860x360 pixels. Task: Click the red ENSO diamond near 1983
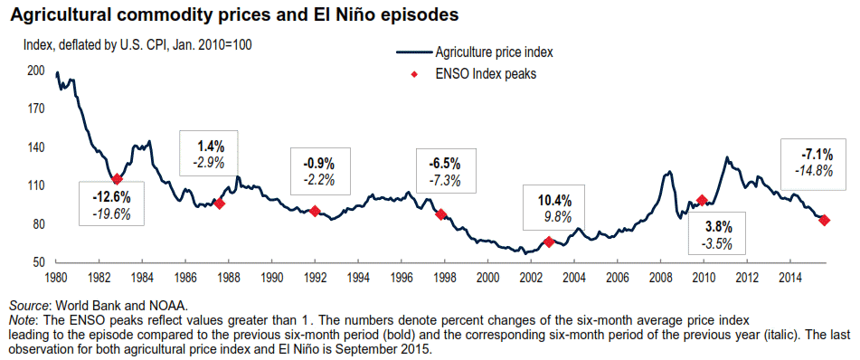coord(117,179)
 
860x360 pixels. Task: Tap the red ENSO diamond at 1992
coord(315,211)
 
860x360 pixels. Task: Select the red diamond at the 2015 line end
coord(824,220)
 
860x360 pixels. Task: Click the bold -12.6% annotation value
coord(111,195)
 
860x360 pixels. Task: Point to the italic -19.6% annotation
coord(111,213)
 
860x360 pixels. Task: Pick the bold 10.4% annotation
coord(554,199)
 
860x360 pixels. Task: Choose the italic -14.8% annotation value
coord(814,170)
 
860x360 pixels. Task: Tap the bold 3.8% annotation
coord(717,226)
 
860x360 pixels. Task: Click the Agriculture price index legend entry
coord(474,52)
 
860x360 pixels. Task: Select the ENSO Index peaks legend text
coord(486,74)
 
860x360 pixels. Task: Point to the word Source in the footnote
coord(27,305)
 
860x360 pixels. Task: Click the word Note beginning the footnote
coord(21,318)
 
